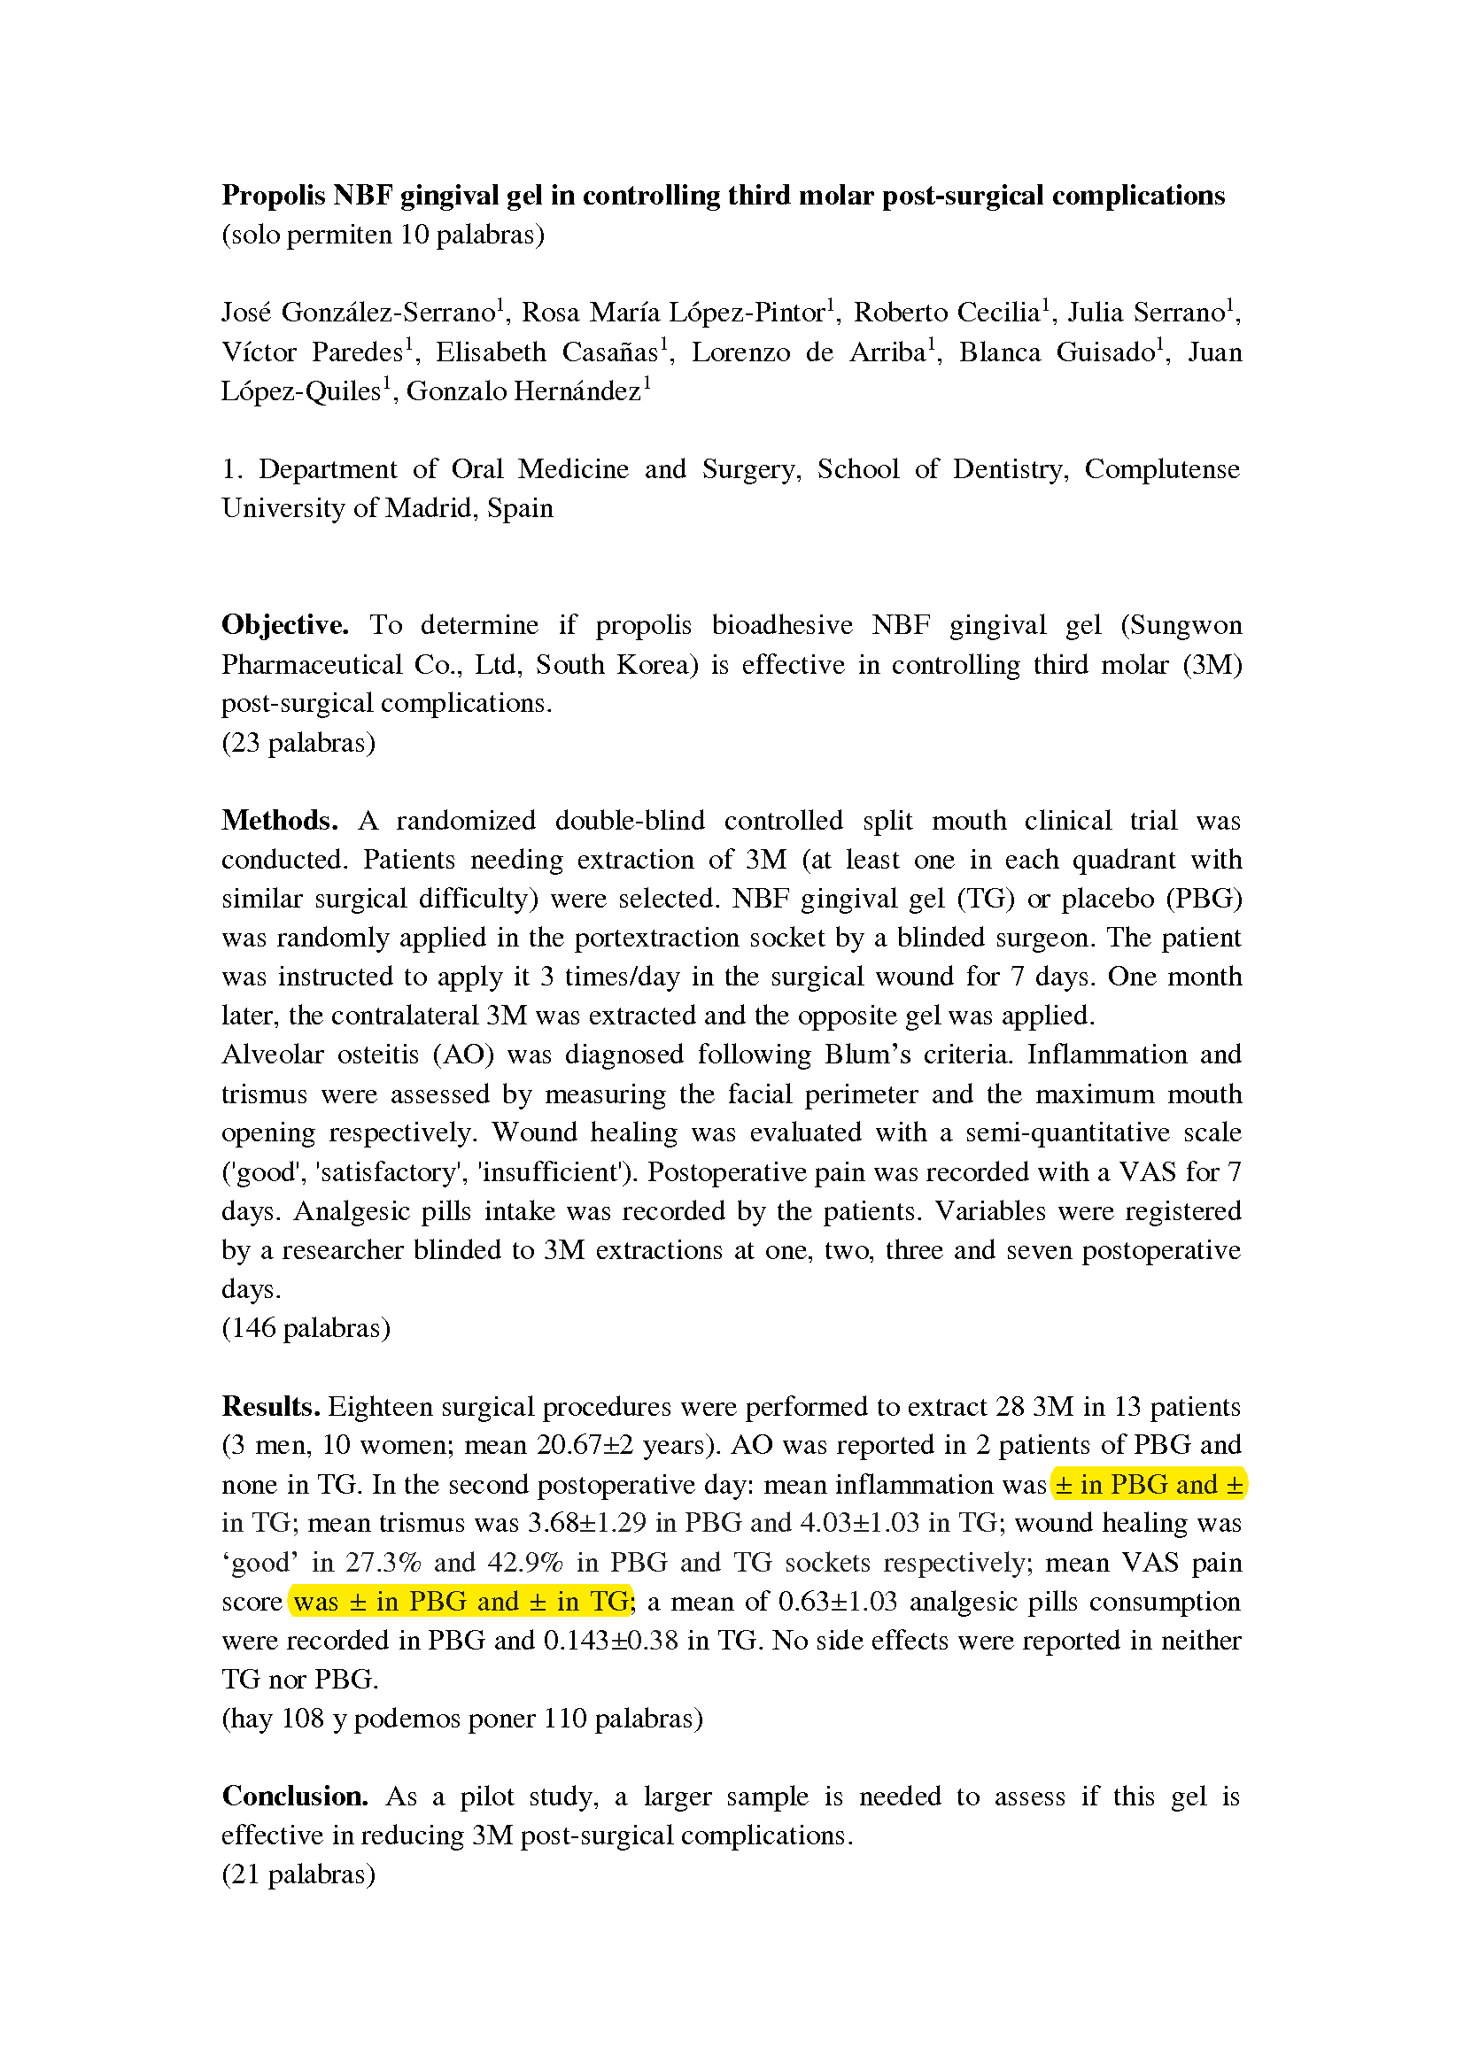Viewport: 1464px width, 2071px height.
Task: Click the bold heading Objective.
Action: tap(285, 625)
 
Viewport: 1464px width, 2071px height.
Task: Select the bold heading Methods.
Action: tap(280, 821)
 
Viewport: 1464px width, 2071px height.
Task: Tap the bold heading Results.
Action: tap(271, 1406)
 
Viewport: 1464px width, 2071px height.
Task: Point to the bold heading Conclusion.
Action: tap(295, 1796)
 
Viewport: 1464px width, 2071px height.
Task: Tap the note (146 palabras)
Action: tap(306, 1328)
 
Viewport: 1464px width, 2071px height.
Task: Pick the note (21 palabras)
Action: tap(298, 1874)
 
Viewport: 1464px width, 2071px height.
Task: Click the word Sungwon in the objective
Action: tap(1185, 625)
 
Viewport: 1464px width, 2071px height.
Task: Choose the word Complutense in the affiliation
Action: tap(1162, 469)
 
